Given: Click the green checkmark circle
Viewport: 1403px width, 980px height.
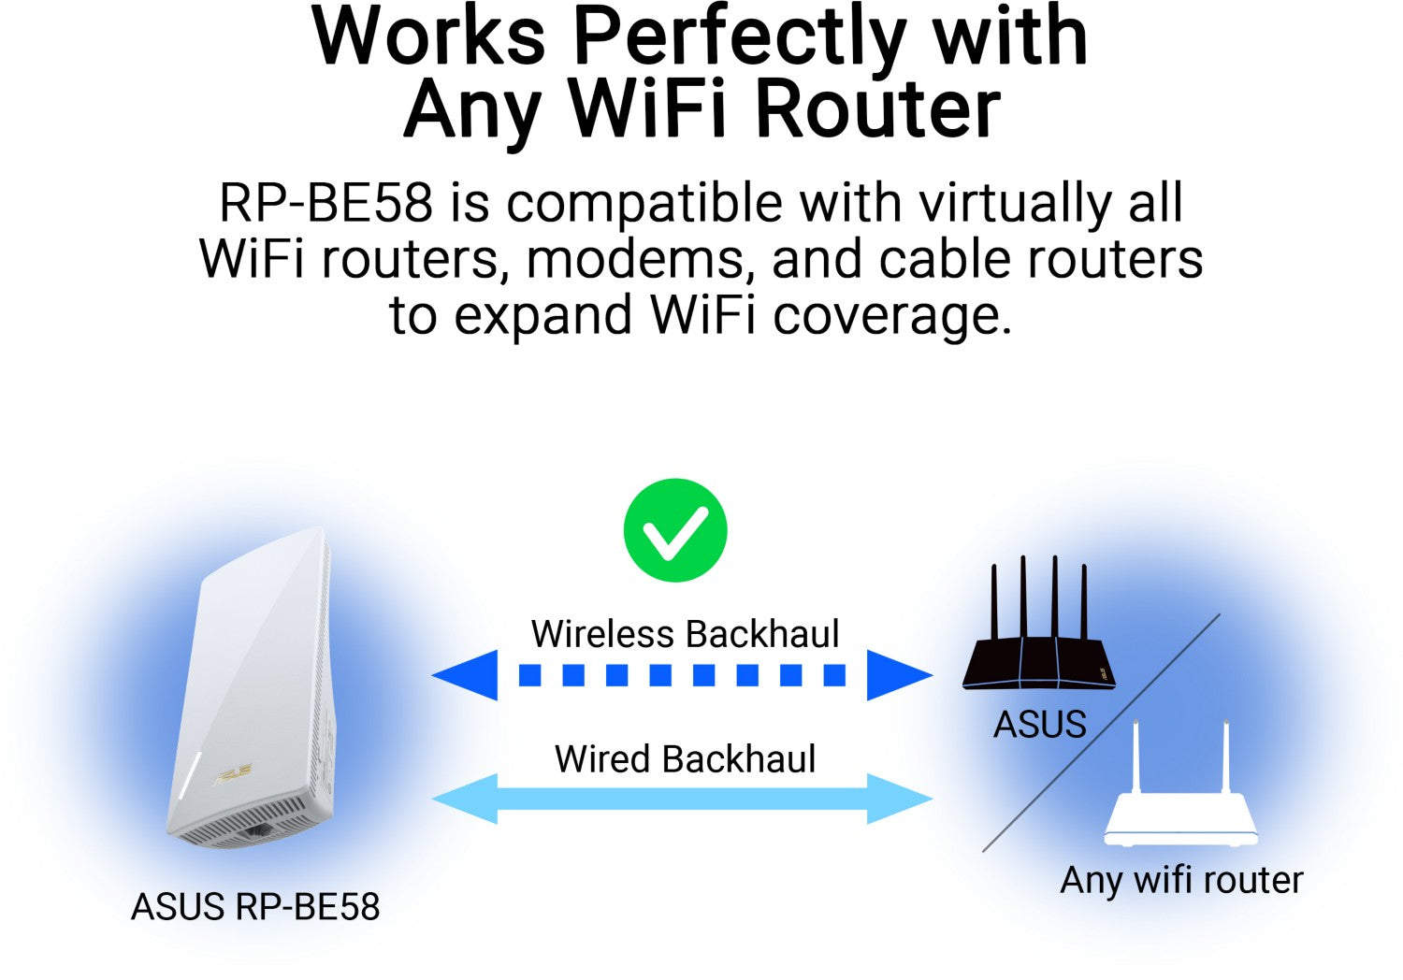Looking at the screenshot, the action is click(675, 530).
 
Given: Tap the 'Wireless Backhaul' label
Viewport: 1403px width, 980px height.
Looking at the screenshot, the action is click(685, 633).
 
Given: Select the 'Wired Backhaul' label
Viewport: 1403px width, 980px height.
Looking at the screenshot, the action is click(686, 758).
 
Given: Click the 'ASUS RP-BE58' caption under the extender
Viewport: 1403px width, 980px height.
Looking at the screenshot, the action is click(255, 906).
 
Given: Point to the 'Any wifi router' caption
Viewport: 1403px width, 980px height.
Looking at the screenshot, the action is click(1182, 881).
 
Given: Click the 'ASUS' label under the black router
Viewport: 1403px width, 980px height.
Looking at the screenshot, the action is click(1040, 724).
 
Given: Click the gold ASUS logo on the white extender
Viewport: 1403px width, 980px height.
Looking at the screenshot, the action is click(232, 774).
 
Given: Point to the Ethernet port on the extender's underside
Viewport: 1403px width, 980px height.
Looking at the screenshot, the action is click(257, 832).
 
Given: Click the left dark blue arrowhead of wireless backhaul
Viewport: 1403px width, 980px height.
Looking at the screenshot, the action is click(465, 675).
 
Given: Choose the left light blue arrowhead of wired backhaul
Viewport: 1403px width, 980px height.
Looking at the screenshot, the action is click(465, 799).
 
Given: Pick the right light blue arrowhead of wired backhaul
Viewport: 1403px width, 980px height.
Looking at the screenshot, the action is click(900, 799).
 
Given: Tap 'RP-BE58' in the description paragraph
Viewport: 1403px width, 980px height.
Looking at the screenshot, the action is click(325, 202).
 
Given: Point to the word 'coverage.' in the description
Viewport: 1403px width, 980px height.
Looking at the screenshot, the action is click(892, 316).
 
